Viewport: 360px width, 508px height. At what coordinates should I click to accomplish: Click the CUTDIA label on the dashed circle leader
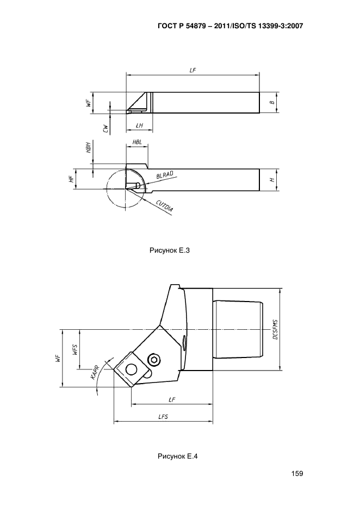(x=164, y=206)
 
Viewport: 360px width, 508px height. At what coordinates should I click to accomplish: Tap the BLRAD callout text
(x=165, y=175)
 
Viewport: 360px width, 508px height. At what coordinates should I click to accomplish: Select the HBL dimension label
(x=137, y=142)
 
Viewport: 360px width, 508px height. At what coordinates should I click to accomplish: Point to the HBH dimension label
(x=88, y=147)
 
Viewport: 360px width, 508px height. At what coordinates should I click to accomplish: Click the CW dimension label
(x=105, y=129)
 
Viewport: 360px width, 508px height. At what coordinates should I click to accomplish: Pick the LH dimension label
(x=139, y=126)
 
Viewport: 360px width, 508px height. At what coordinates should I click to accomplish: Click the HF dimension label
(x=71, y=179)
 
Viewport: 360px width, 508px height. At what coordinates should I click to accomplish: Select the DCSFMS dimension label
(x=275, y=329)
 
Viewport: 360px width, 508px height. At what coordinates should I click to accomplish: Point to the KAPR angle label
(x=95, y=372)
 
